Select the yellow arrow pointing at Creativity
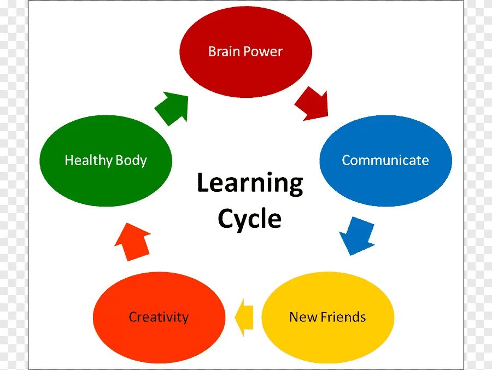pyautogui.click(x=244, y=317)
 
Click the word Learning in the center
pyautogui.click(x=250, y=184)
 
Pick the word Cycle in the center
pyautogui.click(x=250, y=220)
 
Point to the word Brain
pyautogui.click(x=225, y=52)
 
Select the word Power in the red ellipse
pyautogui.click(x=263, y=52)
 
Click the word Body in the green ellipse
pyautogui.click(x=131, y=161)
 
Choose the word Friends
pyautogui.click(x=343, y=317)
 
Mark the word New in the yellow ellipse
pyautogui.click(x=301, y=317)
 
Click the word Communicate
pyautogui.click(x=385, y=161)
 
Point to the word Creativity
pyautogui.click(x=159, y=318)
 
